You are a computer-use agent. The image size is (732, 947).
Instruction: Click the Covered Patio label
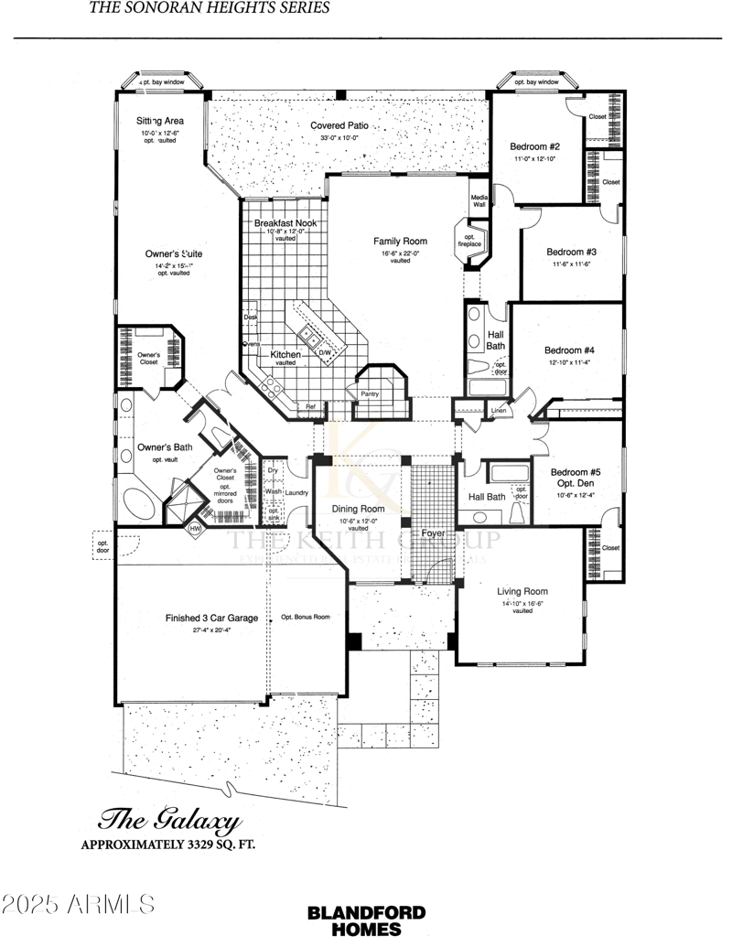click(x=339, y=125)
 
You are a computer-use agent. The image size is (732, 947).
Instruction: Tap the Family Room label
click(x=400, y=242)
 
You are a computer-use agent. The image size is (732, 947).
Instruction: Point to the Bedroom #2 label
click(x=535, y=147)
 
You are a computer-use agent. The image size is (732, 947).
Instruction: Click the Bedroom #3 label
click(x=572, y=252)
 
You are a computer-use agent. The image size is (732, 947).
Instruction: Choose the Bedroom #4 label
click(x=569, y=350)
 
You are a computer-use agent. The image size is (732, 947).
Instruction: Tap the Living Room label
click(x=522, y=591)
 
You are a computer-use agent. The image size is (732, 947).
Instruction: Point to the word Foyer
click(x=433, y=533)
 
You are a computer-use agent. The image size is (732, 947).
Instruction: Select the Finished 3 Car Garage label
click(x=211, y=618)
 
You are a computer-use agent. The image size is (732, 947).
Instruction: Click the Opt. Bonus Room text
click(x=305, y=617)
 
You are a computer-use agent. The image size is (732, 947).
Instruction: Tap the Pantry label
click(x=370, y=393)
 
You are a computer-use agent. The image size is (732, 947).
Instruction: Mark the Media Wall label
click(x=479, y=200)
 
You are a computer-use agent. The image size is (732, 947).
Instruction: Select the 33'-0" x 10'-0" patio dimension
click(x=339, y=138)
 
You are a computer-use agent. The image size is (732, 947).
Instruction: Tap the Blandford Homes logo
click(x=366, y=920)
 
